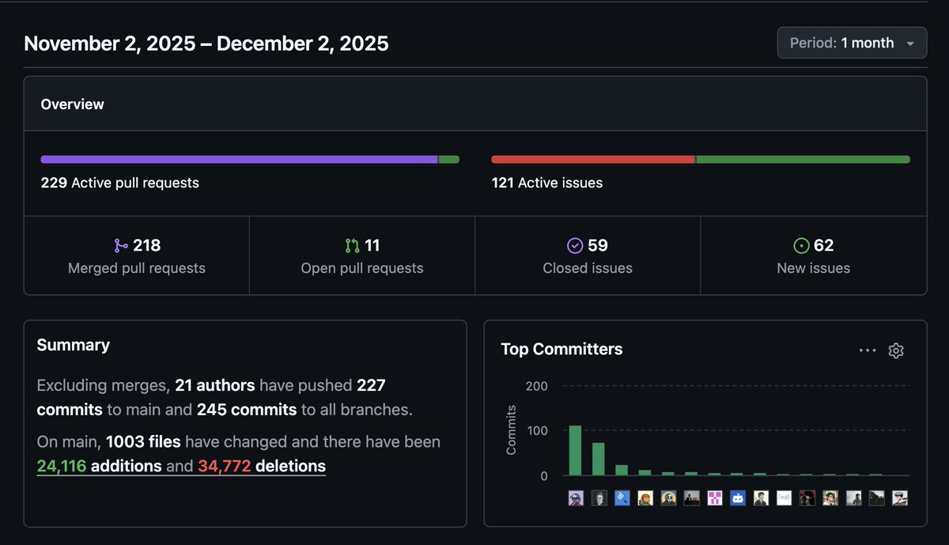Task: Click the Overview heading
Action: (x=72, y=104)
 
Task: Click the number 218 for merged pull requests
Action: (x=146, y=245)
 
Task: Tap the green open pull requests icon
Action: (x=352, y=246)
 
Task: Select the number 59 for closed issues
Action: (x=598, y=245)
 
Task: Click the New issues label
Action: (x=813, y=268)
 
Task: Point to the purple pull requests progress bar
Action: (x=237, y=159)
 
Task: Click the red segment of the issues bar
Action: (x=593, y=159)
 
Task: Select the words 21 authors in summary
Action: (x=214, y=385)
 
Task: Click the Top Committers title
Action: (x=561, y=349)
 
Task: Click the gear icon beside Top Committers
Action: (x=895, y=350)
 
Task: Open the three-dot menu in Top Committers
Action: (x=868, y=350)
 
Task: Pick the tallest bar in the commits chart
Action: (x=575, y=451)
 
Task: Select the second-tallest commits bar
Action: (x=599, y=459)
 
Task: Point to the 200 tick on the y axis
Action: (x=536, y=386)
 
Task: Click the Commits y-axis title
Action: (x=511, y=430)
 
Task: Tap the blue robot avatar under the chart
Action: (x=738, y=498)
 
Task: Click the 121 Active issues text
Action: (x=546, y=183)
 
